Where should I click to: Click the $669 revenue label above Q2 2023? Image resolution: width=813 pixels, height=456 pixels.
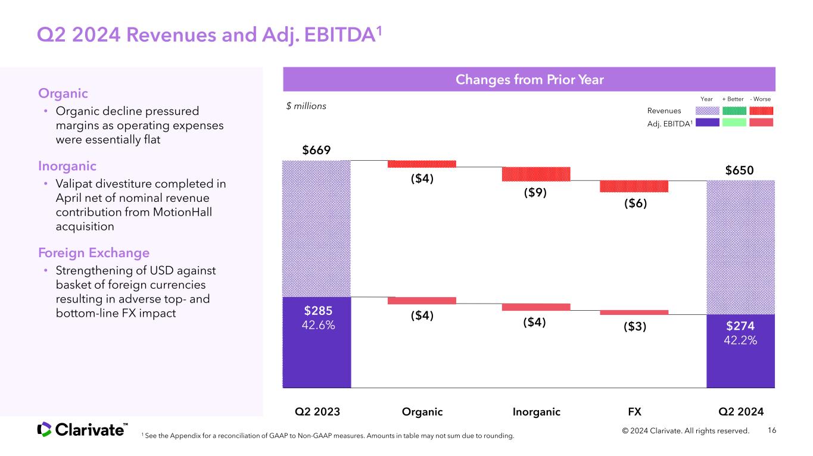pyautogui.click(x=316, y=150)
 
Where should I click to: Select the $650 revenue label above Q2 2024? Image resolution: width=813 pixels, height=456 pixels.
pyautogui.click(x=739, y=170)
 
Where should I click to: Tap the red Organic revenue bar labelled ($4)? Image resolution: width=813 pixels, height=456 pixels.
pyautogui.click(x=422, y=164)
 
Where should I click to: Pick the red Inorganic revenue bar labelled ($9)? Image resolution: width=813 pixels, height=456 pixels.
pyautogui.click(x=536, y=174)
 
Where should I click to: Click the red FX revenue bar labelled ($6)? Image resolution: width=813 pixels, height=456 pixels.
pyautogui.click(x=634, y=186)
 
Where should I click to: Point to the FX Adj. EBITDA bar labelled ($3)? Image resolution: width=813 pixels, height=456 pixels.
pyautogui.click(x=634, y=313)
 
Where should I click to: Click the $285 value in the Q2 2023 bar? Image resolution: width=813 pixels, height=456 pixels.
pyautogui.click(x=318, y=311)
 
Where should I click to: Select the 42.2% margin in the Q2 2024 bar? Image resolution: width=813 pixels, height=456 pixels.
pyautogui.click(x=740, y=341)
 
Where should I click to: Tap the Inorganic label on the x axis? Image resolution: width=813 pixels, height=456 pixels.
pyautogui.click(x=537, y=412)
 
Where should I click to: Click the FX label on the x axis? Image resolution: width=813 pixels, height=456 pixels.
pyautogui.click(x=635, y=412)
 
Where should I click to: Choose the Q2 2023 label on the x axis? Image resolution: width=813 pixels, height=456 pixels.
pyautogui.click(x=317, y=412)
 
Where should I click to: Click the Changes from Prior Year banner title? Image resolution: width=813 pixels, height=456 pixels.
pyautogui.click(x=529, y=79)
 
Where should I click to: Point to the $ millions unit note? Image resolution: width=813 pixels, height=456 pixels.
pyautogui.click(x=306, y=106)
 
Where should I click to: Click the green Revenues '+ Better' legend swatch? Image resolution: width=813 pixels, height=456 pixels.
pyautogui.click(x=734, y=111)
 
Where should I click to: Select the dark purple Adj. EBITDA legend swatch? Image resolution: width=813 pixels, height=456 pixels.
pyautogui.click(x=708, y=122)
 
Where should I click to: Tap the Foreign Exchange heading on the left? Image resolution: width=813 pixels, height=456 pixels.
pyautogui.click(x=94, y=252)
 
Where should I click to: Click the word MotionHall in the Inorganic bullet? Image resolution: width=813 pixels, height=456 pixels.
pyautogui.click(x=182, y=212)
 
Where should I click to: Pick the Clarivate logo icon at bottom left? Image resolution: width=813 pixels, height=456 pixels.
pyautogui.click(x=44, y=429)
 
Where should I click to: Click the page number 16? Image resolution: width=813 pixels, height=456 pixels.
pyautogui.click(x=772, y=430)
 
